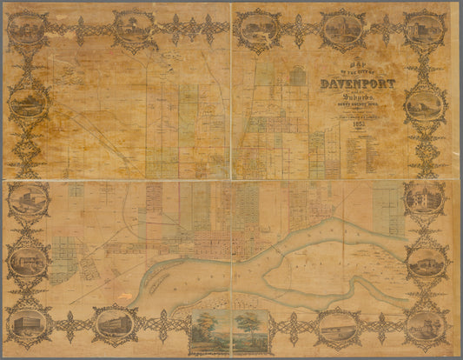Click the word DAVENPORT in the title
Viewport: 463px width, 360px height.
pos(358,84)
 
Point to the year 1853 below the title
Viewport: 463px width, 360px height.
pos(359,124)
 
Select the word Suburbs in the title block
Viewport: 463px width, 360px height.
pos(359,97)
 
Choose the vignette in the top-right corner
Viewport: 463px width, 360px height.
pos(424,29)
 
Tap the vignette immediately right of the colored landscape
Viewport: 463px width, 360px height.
pos(337,328)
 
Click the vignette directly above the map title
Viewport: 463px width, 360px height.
pos(343,30)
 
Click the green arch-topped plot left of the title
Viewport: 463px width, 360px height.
pos(298,77)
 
